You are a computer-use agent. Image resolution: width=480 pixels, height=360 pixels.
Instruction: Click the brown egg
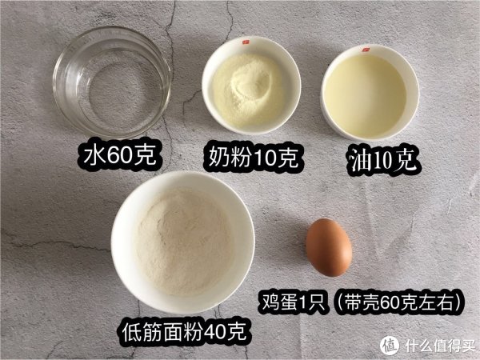pos(330,247)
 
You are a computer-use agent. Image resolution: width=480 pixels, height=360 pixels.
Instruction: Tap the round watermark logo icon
pos(390,345)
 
